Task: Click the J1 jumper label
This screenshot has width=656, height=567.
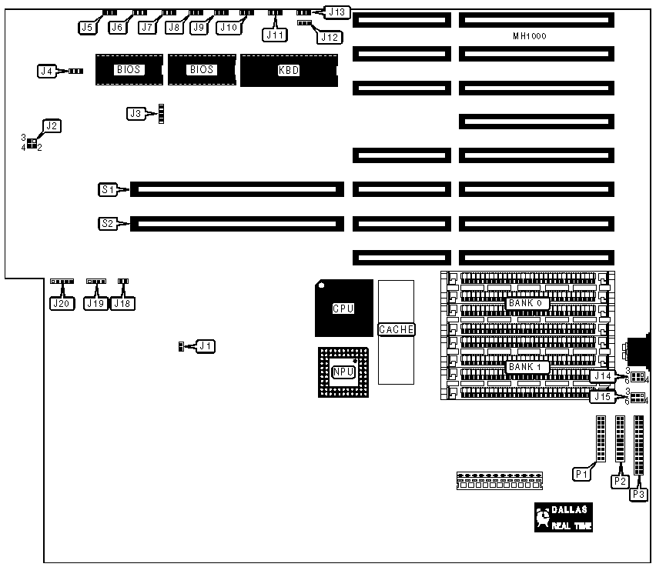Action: (206, 346)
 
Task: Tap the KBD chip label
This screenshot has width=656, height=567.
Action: (288, 71)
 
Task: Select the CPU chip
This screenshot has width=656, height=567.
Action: (343, 309)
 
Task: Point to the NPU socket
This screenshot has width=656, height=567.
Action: (343, 372)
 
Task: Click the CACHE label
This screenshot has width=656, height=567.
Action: (397, 329)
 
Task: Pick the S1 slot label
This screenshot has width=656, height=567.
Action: (108, 188)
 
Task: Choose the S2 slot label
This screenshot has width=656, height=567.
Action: (108, 224)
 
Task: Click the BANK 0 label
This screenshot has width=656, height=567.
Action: (527, 303)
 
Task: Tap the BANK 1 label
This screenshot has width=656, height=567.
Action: (527, 367)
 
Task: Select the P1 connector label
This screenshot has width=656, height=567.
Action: (583, 475)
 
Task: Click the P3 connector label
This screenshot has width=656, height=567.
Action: (638, 495)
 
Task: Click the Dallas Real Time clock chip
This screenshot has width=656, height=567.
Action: (564, 518)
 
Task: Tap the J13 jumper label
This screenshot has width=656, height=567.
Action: (337, 12)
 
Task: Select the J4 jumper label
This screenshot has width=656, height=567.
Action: (48, 71)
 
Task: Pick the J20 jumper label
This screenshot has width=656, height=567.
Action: (60, 303)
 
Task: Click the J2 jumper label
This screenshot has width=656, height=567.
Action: (52, 125)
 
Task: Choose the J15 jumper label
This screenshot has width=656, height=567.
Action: (603, 397)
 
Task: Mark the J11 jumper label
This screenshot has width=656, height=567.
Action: (275, 34)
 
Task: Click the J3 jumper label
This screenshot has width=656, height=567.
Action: (136, 114)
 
